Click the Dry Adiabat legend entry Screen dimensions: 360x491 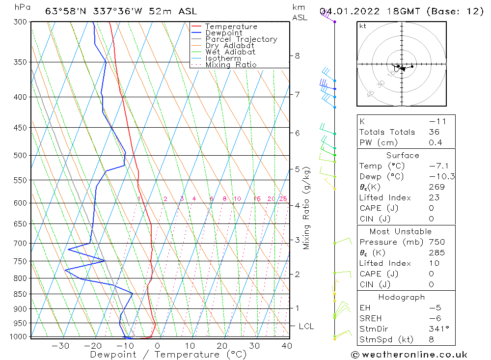[x=230, y=46]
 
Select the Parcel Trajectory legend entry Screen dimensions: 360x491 [x=241, y=39]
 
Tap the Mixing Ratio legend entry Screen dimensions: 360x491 [x=231, y=65]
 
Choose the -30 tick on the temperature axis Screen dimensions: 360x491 [x=60, y=346]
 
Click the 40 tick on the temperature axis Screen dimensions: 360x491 [x=287, y=346]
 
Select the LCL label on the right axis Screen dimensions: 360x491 [x=306, y=326]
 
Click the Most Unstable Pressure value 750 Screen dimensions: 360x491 [x=436, y=242]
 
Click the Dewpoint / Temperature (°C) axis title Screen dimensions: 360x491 [x=161, y=355]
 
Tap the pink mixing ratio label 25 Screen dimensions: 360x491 [x=283, y=199]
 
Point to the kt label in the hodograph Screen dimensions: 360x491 [x=363, y=26]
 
